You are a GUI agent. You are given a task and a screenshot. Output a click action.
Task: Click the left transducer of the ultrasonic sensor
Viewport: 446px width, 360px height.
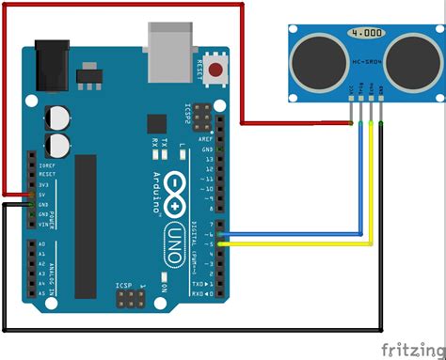311,61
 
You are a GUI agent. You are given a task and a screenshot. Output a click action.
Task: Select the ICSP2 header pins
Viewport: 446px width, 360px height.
185,122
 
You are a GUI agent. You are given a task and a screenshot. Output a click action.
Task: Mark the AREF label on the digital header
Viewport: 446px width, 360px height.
208,137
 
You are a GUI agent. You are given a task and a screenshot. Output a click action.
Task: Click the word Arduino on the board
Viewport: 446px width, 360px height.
155,182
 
